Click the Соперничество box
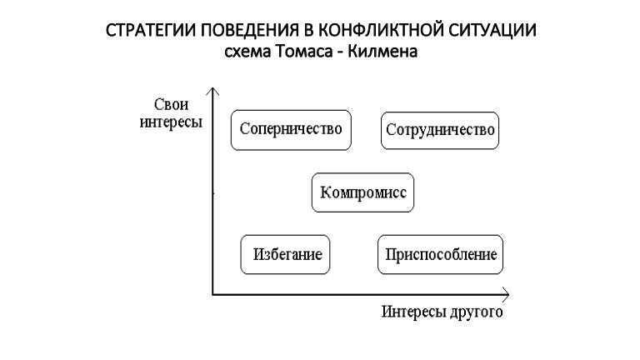(x=291, y=130)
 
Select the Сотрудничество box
(x=440, y=131)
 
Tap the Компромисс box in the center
(x=362, y=192)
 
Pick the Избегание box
(x=285, y=254)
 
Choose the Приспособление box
(x=440, y=254)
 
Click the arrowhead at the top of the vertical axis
(x=212, y=89)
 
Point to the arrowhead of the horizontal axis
(x=507, y=294)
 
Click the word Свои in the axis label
(x=171, y=104)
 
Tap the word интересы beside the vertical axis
(x=171, y=122)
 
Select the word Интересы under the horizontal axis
(x=412, y=312)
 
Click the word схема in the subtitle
(x=247, y=52)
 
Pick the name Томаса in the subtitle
(x=303, y=52)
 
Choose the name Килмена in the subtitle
(x=382, y=52)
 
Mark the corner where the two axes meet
(x=212, y=294)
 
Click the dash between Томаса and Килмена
(x=340, y=53)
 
